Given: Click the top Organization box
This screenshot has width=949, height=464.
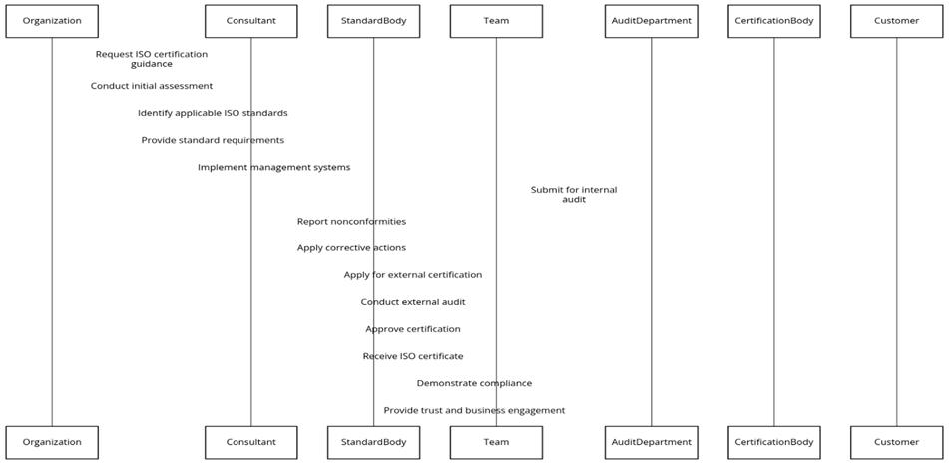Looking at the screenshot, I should click(x=52, y=21).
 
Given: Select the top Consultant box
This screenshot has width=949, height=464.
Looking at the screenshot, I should click(x=250, y=21).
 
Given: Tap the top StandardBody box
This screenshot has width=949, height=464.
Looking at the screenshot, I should click(x=373, y=21).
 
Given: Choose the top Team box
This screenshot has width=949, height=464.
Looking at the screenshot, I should click(x=496, y=21).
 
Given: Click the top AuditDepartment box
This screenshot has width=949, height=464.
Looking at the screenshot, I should click(x=651, y=21).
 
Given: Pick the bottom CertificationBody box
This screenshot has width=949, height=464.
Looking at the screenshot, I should click(x=773, y=442).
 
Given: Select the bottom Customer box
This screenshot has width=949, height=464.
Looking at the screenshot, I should click(x=896, y=442).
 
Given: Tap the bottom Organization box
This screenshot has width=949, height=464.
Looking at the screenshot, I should click(x=52, y=442).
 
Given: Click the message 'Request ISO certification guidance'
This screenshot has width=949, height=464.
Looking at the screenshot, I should click(x=152, y=59).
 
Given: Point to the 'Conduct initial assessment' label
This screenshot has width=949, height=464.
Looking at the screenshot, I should click(x=152, y=86).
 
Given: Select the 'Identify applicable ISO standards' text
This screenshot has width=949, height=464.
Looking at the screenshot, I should click(x=213, y=113).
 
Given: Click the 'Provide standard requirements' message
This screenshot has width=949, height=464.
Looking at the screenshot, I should click(x=213, y=140).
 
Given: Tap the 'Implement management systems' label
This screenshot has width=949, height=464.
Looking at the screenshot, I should click(x=273, y=167).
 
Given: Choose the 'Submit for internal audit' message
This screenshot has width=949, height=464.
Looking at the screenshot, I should click(x=574, y=194).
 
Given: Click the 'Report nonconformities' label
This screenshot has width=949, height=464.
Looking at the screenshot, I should click(x=351, y=221).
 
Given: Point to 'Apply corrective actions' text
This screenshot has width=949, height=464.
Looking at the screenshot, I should click(x=351, y=247).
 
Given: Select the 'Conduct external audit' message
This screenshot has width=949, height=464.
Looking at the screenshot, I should click(x=413, y=301).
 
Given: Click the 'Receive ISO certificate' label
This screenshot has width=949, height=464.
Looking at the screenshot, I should click(x=413, y=356).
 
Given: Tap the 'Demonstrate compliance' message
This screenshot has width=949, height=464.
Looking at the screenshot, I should click(x=474, y=383).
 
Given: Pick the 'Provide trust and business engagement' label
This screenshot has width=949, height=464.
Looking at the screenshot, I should click(x=474, y=410).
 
